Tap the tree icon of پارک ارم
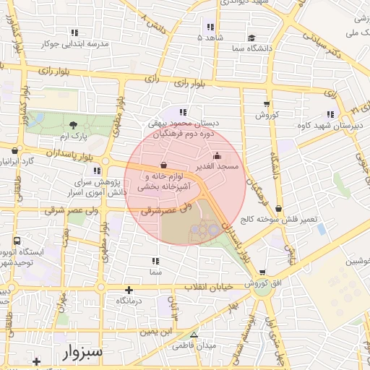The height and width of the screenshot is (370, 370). [x=72, y=125]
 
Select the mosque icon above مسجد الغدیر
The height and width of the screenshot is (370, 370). [x=218, y=155]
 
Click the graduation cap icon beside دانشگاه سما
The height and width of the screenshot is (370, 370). [x=251, y=38]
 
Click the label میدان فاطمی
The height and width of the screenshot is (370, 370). [x=194, y=345]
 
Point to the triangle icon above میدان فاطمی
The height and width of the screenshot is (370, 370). [x=194, y=335]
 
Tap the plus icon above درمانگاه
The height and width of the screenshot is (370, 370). [x=129, y=289]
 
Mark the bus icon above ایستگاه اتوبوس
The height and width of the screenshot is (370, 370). [x=16, y=241]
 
